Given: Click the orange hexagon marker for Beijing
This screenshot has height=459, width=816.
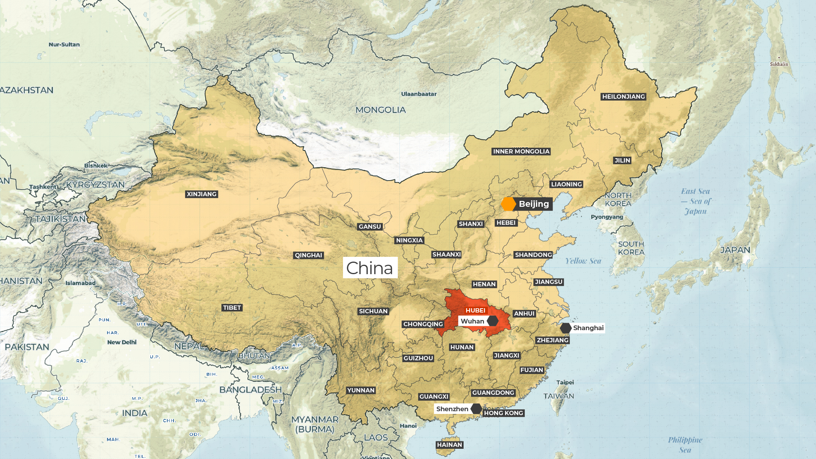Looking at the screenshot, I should click(x=508, y=204).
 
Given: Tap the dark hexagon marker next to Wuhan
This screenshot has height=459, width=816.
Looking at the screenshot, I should click(x=493, y=321).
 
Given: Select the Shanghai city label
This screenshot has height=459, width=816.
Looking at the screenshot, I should click(x=588, y=328).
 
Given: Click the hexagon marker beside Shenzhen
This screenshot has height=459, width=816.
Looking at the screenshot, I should click(x=476, y=409).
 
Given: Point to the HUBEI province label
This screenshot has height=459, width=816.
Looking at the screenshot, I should click(x=475, y=311).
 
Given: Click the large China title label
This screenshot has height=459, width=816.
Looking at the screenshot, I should click(x=370, y=268).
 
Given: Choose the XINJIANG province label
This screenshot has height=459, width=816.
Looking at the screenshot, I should click(x=202, y=194).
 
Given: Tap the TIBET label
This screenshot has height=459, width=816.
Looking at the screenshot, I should click(x=232, y=308).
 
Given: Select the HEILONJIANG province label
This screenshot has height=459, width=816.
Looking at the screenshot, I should click(x=623, y=97).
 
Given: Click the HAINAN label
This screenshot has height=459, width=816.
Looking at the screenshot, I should click(x=450, y=445).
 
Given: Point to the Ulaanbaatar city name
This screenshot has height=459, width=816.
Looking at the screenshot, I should click(x=419, y=94).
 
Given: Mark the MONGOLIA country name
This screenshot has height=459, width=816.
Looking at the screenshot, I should click(x=381, y=110).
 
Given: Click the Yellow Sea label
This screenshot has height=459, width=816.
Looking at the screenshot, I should click(x=583, y=261).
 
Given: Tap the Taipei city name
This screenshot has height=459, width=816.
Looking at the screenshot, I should click(x=565, y=383).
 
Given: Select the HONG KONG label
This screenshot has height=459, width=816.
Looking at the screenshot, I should click(x=503, y=413).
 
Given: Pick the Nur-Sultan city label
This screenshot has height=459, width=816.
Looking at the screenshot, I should click(x=64, y=45).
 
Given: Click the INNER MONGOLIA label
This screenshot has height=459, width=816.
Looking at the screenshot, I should click(x=521, y=152).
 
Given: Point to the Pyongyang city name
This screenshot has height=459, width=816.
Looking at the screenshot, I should click(x=607, y=217).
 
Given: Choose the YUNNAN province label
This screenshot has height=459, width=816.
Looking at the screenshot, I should click(x=361, y=390).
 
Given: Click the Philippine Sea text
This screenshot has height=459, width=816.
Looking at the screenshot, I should click(x=685, y=445).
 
